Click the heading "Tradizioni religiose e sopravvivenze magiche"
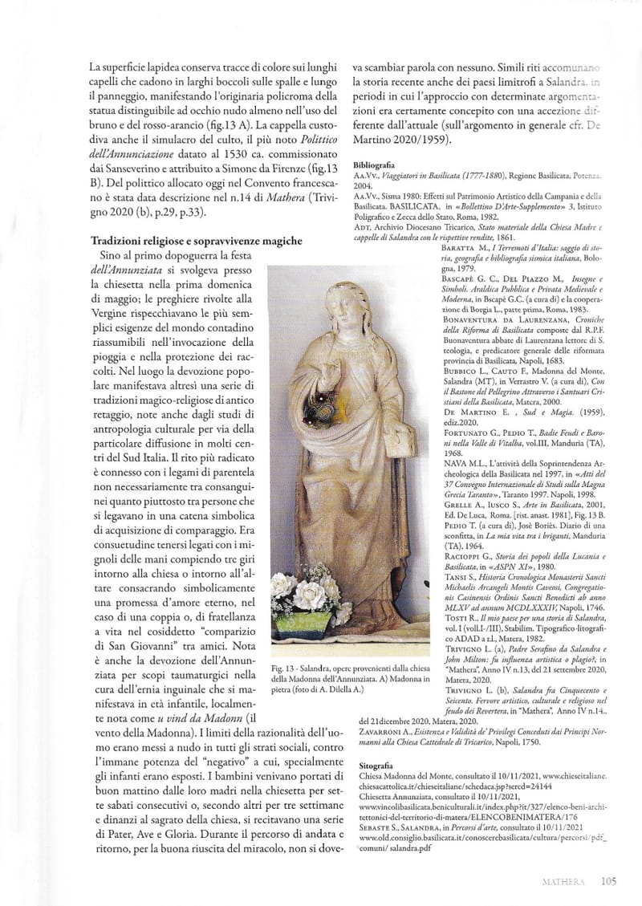tap(196, 240)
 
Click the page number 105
tap(607, 881)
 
